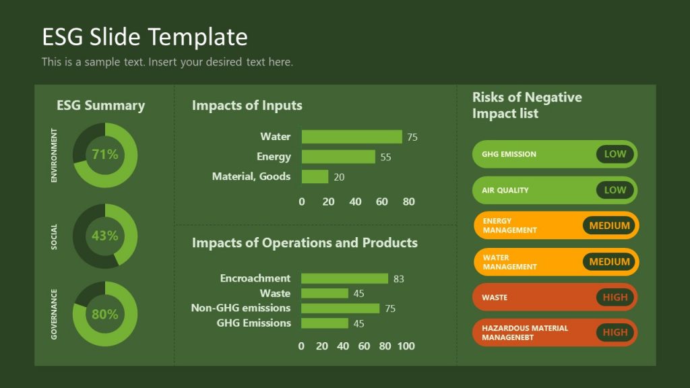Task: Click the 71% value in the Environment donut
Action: coord(105,155)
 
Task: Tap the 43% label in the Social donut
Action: coord(105,236)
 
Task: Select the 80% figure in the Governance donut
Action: coord(105,315)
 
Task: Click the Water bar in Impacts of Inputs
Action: coord(351,137)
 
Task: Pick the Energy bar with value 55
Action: coord(338,157)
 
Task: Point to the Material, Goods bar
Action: coord(315,176)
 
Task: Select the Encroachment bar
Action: coord(344,278)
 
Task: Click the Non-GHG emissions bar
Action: coord(340,309)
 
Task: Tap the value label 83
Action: coord(398,279)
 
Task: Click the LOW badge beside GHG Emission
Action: coord(615,154)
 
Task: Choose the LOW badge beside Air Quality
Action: coord(615,191)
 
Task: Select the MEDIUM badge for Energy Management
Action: coord(609,226)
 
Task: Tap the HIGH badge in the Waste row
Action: coord(615,297)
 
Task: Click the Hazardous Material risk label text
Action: coord(524,333)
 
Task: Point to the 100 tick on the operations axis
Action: coord(406,346)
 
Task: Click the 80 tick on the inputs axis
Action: coord(408,201)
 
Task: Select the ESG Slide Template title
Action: coord(144,36)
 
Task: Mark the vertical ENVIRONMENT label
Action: coord(54,156)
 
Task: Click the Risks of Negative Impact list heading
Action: coord(526,105)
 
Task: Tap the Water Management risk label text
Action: coord(509,262)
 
